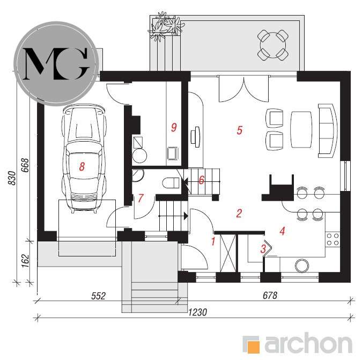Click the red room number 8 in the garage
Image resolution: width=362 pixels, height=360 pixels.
(x=82, y=166)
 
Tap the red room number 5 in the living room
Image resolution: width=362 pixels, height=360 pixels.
(x=240, y=130)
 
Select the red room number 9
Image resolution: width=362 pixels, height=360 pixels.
(x=174, y=127)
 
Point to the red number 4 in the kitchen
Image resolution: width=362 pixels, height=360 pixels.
(x=282, y=231)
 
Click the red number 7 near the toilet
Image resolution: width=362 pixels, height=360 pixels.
(x=141, y=198)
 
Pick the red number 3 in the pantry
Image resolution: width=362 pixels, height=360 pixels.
(x=263, y=249)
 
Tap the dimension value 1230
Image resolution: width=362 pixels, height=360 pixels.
(x=197, y=312)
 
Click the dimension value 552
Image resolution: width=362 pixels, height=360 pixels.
(x=99, y=296)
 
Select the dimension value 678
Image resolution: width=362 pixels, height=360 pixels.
(x=270, y=295)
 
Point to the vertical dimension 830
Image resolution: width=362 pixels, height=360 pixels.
(x=12, y=178)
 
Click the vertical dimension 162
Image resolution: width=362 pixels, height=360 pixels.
(x=25, y=261)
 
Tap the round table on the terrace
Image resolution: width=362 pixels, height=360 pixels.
(x=272, y=45)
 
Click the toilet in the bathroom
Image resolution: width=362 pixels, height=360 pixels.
(x=171, y=183)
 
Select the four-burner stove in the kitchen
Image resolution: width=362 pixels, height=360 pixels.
(x=333, y=239)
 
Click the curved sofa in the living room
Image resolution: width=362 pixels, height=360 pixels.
(x=328, y=131)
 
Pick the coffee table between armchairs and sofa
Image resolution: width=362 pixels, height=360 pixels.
(x=301, y=129)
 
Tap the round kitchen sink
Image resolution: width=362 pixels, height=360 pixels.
(x=302, y=266)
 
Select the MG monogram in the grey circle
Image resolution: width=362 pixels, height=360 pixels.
(x=56, y=64)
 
